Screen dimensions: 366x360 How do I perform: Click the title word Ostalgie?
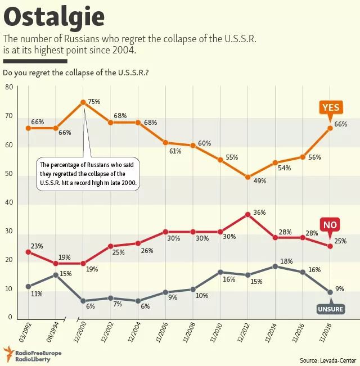(54, 17)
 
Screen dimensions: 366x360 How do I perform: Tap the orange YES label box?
(329, 107)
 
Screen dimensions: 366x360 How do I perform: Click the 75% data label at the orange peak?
(94, 102)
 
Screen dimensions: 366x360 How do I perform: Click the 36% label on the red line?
(259, 212)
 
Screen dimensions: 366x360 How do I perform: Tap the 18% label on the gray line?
(286, 261)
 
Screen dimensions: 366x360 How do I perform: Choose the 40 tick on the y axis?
(8, 203)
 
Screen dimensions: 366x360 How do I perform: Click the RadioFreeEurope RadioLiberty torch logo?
(9, 354)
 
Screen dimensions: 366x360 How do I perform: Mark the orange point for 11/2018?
(330, 128)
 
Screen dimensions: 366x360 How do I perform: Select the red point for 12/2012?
(247, 214)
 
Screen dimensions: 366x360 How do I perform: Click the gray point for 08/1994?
(56, 275)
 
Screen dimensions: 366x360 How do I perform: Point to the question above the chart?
(75, 73)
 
